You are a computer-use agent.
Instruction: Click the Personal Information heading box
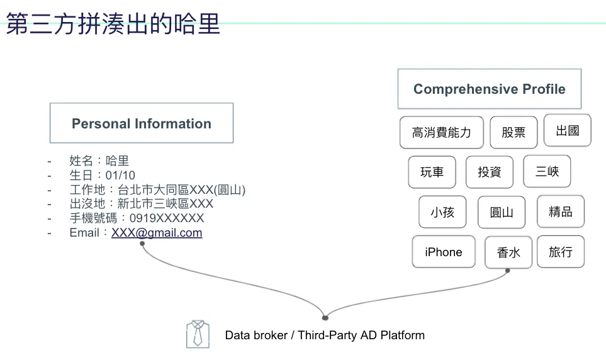pyautogui.click(x=142, y=123)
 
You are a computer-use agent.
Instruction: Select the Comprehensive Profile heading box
pyautogui.click(x=489, y=89)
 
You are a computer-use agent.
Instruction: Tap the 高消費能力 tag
pyautogui.click(x=441, y=132)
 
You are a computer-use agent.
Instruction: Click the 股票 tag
pyautogui.click(x=513, y=132)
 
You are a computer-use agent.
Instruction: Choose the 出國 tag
pyautogui.click(x=567, y=130)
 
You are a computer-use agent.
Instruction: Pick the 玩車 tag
pyautogui.click(x=432, y=172)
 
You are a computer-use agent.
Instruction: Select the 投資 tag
pyautogui.click(x=489, y=172)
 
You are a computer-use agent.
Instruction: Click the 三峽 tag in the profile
pyautogui.click(x=547, y=171)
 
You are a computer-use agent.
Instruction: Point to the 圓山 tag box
pyautogui.click(x=501, y=212)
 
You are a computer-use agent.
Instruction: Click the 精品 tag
pyautogui.click(x=560, y=211)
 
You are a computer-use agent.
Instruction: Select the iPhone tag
pyautogui.click(x=444, y=252)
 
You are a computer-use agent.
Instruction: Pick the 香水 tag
pyautogui.click(x=508, y=252)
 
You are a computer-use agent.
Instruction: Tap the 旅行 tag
pyautogui.click(x=560, y=252)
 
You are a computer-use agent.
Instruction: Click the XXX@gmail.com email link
pyautogui.click(x=157, y=233)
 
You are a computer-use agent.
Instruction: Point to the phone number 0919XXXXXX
pyautogui.click(x=167, y=218)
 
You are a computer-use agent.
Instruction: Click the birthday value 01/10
pyautogui.click(x=120, y=175)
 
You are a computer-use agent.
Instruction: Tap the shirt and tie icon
pyautogui.click(x=198, y=334)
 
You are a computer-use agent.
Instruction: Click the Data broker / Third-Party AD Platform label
pyautogui.click(x=325, y=335)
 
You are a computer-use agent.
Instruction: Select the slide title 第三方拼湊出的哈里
pyautogui.click(x=114, y=24)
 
